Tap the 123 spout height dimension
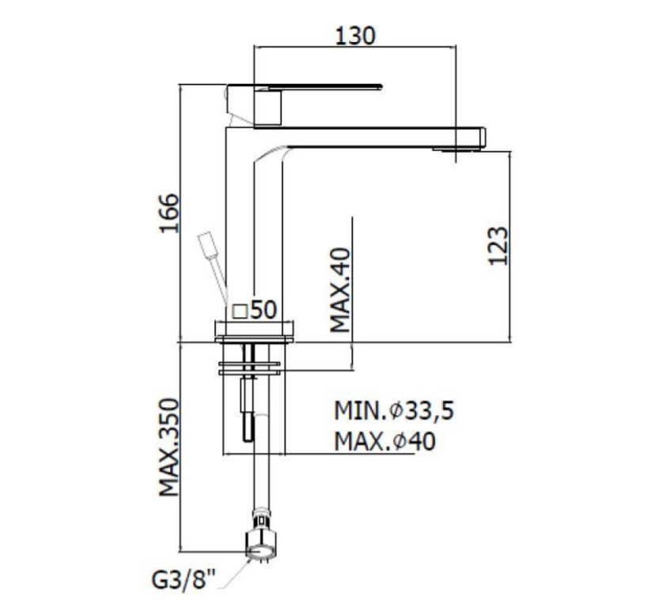(496, 246)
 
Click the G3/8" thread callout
(184, 583)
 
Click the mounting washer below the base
(249, 366)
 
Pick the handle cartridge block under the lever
(267, 107)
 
